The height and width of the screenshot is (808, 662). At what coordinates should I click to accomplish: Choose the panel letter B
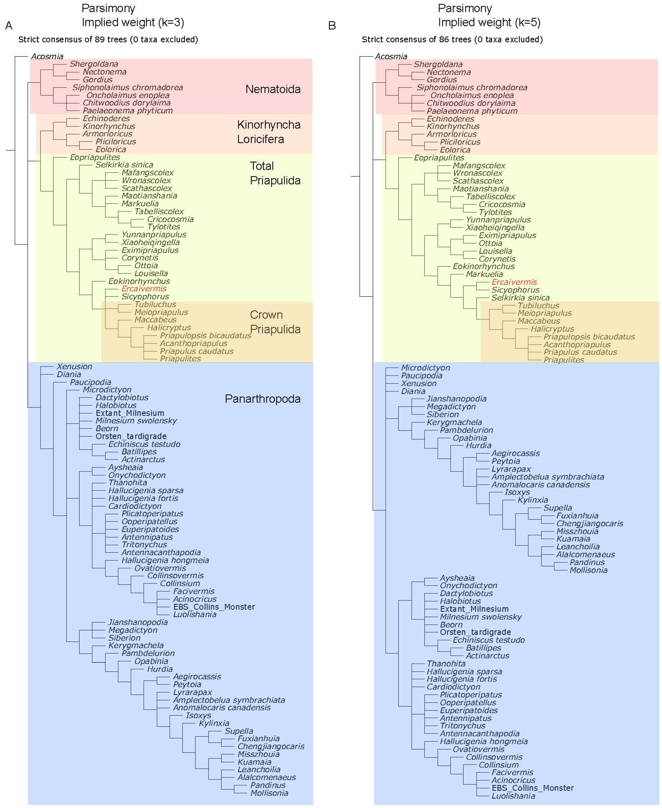pos(332,26)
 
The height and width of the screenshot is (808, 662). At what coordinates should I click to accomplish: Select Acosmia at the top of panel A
pos(47,56)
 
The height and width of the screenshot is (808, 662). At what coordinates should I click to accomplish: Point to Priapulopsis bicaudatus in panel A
pos(205,335)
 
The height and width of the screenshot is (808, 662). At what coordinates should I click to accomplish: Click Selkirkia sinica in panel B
pos(520,298)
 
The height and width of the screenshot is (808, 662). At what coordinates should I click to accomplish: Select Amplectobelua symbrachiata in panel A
pos(229,700)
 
